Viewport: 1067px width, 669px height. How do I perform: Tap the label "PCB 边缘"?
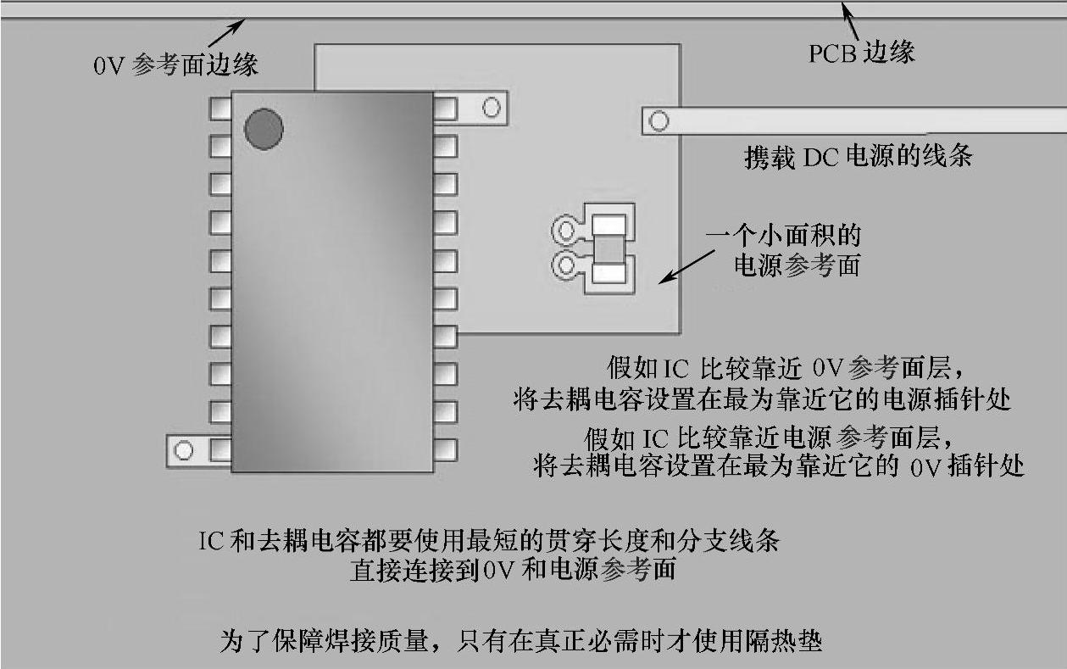pos(861,53)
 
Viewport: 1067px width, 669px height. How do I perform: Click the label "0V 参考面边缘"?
pos(176,65)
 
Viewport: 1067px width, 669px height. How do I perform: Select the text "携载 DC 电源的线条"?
pos(858,157)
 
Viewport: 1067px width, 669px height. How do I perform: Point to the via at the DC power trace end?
pos(659,121)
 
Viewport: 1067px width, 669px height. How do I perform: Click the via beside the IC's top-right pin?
pos(491,108)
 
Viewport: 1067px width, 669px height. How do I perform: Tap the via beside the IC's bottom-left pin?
pos(184,450)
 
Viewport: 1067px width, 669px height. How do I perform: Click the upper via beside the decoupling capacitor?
pos(564,229)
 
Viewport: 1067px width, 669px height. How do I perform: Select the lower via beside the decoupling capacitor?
pos(564,267)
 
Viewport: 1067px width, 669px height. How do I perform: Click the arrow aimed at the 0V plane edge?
pos(226,31)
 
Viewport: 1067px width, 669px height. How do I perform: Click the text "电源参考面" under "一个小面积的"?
pos(796,265)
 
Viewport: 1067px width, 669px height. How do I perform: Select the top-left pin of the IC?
pos(220,108)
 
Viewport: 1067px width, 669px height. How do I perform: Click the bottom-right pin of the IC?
pos(446,449)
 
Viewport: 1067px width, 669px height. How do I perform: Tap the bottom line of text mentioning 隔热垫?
pos(521,639)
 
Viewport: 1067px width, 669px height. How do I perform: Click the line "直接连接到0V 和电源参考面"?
pos(513,569)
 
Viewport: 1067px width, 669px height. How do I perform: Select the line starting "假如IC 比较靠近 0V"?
pos(787,369)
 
